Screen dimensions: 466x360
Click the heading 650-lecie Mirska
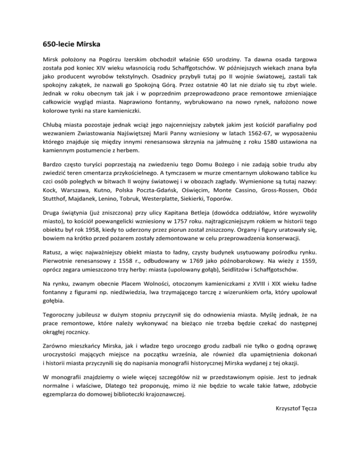pyautogui.click(x=71, y=46)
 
